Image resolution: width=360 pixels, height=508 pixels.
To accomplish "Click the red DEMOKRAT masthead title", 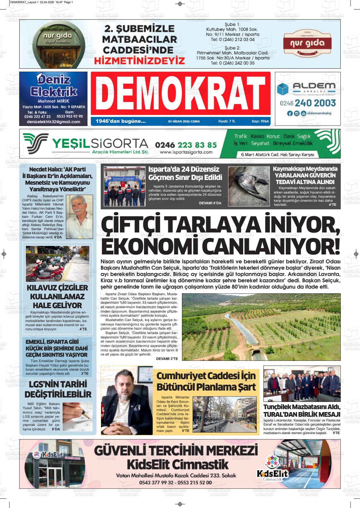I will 180,94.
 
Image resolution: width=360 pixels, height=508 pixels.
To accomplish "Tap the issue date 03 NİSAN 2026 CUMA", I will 184,121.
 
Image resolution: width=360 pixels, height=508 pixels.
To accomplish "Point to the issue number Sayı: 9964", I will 260,121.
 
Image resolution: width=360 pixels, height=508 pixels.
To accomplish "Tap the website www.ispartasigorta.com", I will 186,152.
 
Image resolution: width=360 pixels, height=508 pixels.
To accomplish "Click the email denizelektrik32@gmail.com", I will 53,122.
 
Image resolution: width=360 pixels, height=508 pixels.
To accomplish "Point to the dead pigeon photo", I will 248,187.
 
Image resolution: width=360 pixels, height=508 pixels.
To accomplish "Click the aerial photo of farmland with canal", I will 261,327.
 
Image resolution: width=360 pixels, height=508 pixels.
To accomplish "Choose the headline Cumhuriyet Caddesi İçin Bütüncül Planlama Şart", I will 206,381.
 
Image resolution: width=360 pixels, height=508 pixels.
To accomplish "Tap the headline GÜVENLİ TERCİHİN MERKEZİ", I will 176,450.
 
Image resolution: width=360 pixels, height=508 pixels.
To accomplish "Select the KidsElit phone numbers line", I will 175,483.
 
